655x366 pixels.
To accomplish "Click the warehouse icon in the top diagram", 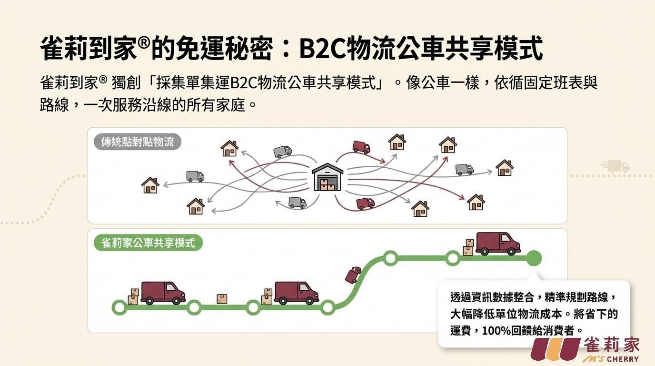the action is pyautogui.click(x=327, y=177).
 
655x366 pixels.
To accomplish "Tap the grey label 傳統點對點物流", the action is pyautogui.click(x=138, y=142).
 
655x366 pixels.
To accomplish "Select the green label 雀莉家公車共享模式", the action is pyautogui.click(x=148, y=243).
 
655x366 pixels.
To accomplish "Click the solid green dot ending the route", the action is pyautogui.click(x=534, y=258).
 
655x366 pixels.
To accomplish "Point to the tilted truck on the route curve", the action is pyautogui.click(x=353, y=274).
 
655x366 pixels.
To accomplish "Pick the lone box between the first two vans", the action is pyautogui.click(x=222, y=299).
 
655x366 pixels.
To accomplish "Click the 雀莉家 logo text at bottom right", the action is pyautogui.click(x=612, y=345).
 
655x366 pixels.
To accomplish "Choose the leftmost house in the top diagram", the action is pyautogui.click(x=150, y=185).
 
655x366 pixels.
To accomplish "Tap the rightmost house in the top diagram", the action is pyautogui.click(x=505, y=168).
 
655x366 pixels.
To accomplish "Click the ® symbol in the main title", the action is pyautogui.click(x=144, y=43).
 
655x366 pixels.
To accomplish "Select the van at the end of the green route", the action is pyautogui.click(x=498, y=244).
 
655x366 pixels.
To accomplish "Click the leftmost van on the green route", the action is pyautogui.click(x=163, y=293).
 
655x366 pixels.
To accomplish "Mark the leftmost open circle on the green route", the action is pyautogui.click(x=119, y=307).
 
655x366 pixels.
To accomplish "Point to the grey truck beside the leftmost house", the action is pyautogui.click(x=195, y=176).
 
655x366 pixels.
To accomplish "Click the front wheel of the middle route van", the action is pyautogui.click(x=309, y=300).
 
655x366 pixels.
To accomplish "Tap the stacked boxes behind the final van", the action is pyautogui.click(x=468, y=247).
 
